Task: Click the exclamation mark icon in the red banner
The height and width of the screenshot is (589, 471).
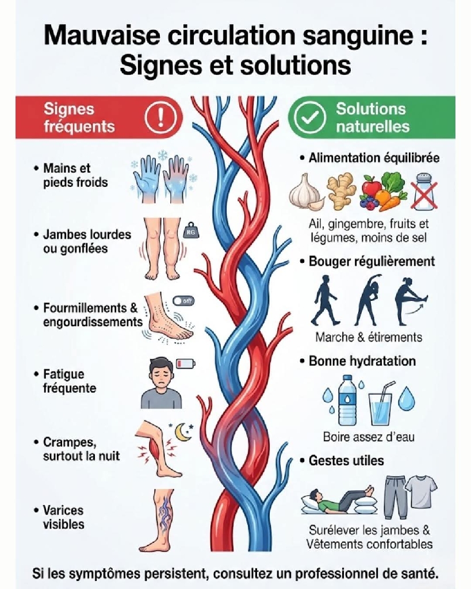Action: point(161,117)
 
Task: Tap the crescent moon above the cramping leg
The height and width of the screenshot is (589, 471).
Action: point(183,432)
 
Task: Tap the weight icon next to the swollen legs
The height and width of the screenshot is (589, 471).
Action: point(189,232)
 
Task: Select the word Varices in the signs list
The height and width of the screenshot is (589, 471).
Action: point(63,510)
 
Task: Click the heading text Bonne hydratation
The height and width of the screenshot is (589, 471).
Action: point(362,361)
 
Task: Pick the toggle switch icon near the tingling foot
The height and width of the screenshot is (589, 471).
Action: point(183,301)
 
